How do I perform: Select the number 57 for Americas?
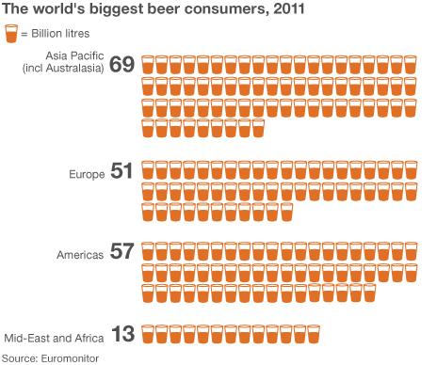pyautogui.click(x=122, y=252)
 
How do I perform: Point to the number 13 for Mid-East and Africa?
pyautogui.click(x=122, y=334)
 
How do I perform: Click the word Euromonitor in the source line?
pyautogui.click(x=68, y=357)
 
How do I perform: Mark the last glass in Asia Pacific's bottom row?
pyautogui.click(x=258, y=126)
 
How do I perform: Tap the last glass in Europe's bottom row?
pyautogui.click(x=286, y=212)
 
